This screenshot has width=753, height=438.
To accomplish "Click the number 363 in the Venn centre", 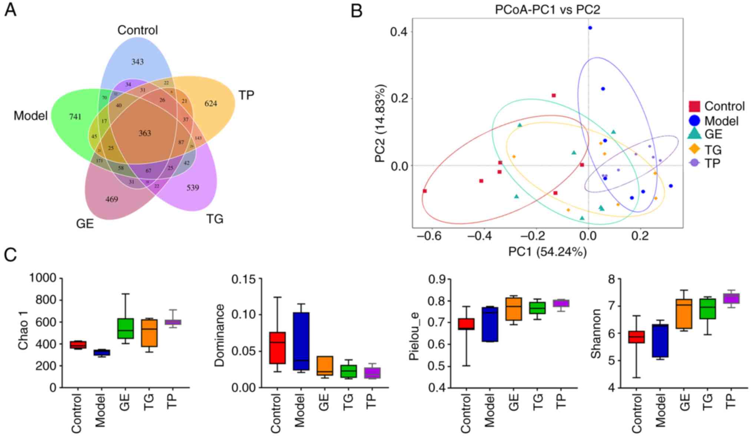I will [145, 134].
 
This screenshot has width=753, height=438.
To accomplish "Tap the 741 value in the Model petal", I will [75, 117].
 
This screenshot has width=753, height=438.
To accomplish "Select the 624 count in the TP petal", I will [211, 104].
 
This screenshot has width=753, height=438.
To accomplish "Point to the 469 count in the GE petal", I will [112, 200].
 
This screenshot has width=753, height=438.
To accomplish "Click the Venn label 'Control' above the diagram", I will [137, 30].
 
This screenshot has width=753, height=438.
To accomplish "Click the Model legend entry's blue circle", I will [694, 121].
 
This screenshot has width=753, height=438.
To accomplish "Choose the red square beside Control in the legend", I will [694, 106].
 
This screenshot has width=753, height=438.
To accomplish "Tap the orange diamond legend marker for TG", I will [694, 149].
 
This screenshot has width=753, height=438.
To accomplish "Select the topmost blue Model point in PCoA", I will [590, 28].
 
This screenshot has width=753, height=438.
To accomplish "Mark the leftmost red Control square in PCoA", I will [425, 191].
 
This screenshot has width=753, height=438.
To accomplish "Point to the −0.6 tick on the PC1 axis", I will [430, 237].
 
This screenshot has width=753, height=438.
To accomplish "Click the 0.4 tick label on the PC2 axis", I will [399, 32].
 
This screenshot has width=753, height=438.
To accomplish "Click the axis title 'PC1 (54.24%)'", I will [547, 252].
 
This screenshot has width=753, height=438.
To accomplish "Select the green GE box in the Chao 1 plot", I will [125, 328].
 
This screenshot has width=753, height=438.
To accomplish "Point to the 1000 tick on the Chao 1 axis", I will [43, 278].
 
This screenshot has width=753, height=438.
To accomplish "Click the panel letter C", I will [10, 256].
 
